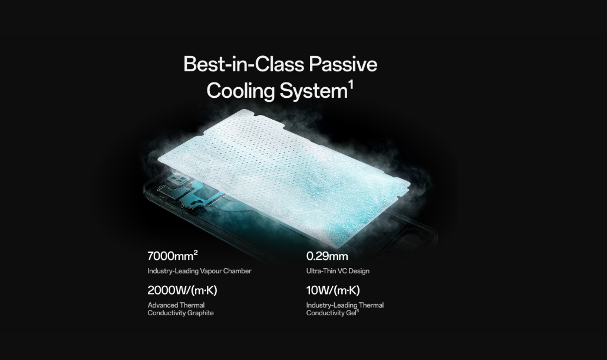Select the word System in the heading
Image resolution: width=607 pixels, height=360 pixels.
(313, 91)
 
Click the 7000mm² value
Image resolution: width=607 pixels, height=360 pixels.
(173, 256)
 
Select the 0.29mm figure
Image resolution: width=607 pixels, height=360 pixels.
(327, 256)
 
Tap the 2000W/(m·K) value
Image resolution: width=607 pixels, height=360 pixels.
(182, 290)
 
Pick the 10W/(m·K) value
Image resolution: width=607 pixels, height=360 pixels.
(333, 290)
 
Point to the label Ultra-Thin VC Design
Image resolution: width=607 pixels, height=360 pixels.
(338, 271)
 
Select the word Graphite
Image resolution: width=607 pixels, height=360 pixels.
(200, 313)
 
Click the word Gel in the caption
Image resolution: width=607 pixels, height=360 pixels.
(350, 313)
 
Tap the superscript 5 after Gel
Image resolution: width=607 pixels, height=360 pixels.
(358, 311)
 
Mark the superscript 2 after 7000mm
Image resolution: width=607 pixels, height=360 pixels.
(196, 252)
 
